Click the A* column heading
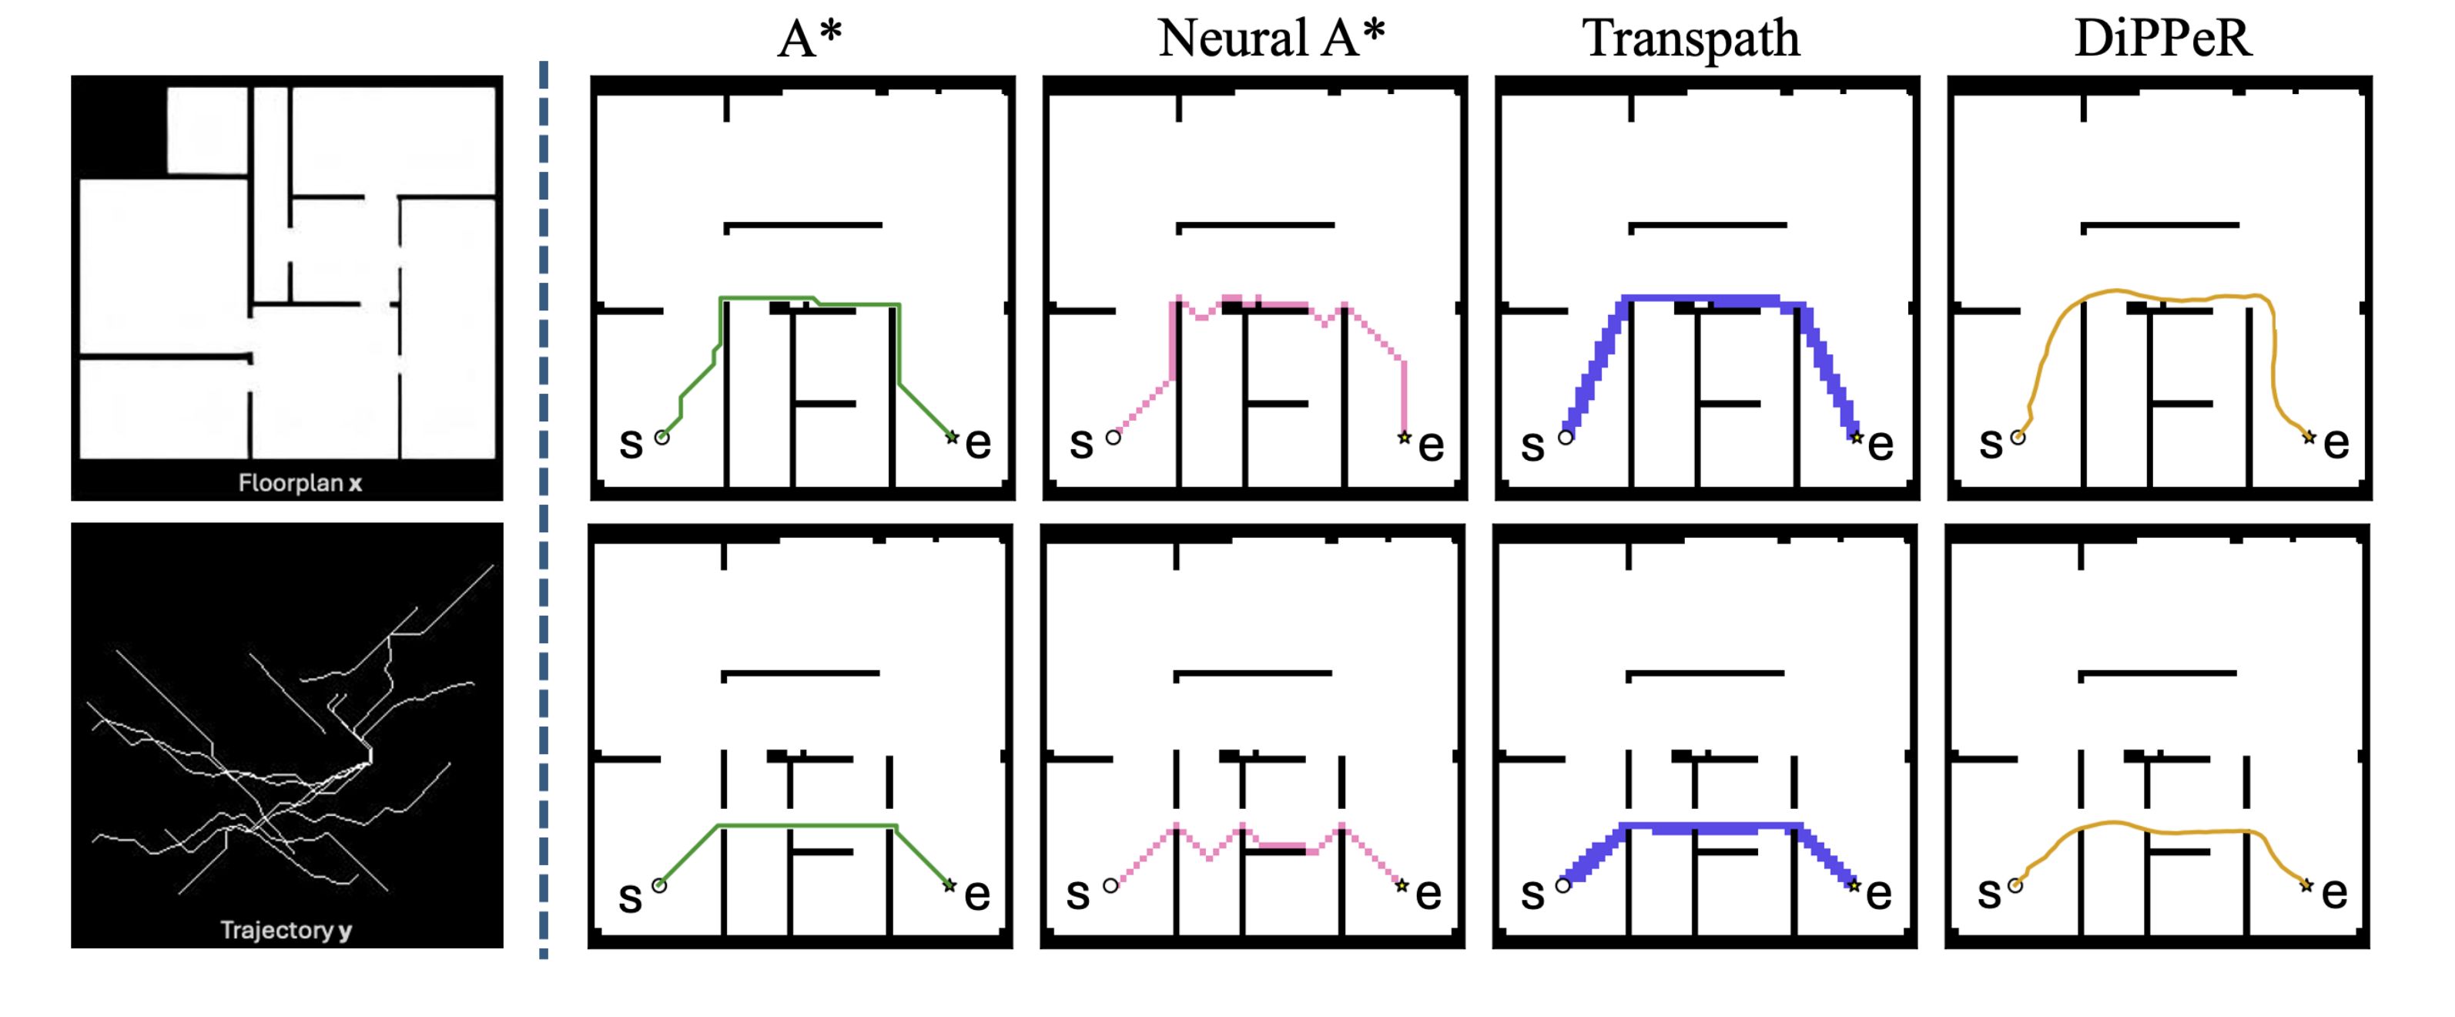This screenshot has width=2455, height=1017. coord(809,39)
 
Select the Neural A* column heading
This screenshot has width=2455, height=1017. coord(1271,39)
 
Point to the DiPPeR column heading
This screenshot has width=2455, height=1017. coord(2162,39)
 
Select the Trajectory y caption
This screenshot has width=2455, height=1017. coord(286,930)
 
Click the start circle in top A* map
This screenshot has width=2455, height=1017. coord(661,438)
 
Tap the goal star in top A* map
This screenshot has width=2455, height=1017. coord(951,437)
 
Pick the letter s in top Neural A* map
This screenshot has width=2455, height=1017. coord(1080,443)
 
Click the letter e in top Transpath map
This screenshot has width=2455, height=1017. coord(1881,444)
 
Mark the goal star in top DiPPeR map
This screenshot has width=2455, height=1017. coord(2308,437)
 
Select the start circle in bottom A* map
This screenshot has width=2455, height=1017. coord(658,885)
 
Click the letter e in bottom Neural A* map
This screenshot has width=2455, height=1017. coord(1428,893)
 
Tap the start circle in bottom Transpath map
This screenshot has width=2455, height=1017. coord(1563,885)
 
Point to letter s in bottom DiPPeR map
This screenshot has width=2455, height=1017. coord(1989,893)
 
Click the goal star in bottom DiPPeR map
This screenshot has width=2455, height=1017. coord(2306,885)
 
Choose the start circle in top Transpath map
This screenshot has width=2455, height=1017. coord(1566,438)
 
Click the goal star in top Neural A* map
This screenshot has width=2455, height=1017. coord(1404,438)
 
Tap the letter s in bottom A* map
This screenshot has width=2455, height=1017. coord(630,897)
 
